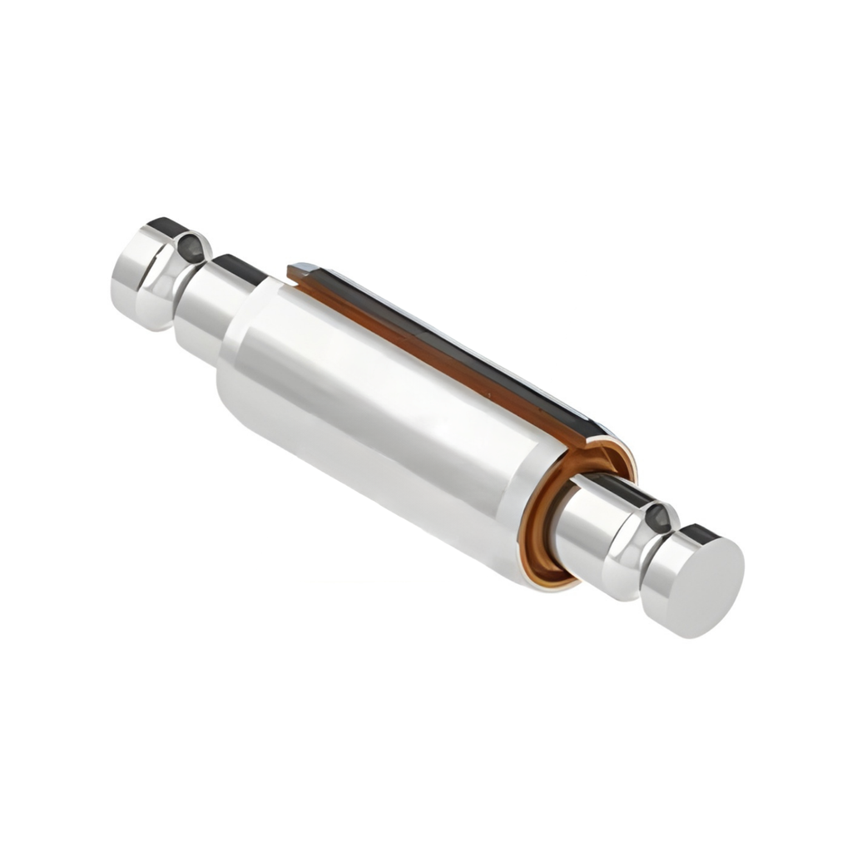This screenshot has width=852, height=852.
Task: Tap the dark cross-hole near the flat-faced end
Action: pyautogui.click(x=659, y=518)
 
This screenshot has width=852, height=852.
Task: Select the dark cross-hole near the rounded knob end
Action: pyautogui.click(x=192, y=246)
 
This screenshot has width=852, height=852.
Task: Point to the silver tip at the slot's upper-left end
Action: pyautogui.click(x=303, y=268)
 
